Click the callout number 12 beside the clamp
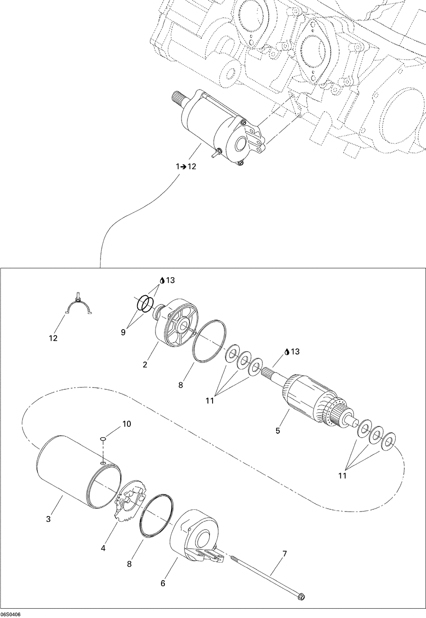[53, 339]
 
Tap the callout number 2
[145, 365]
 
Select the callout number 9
[123, 332]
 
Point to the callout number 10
[127, 424]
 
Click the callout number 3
[48, 519]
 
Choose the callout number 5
[278, 431]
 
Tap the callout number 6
[163, 583]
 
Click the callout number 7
[284, 554]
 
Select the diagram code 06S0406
[12, 614]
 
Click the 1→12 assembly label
[186, 167]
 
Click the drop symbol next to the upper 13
[162, 280]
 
